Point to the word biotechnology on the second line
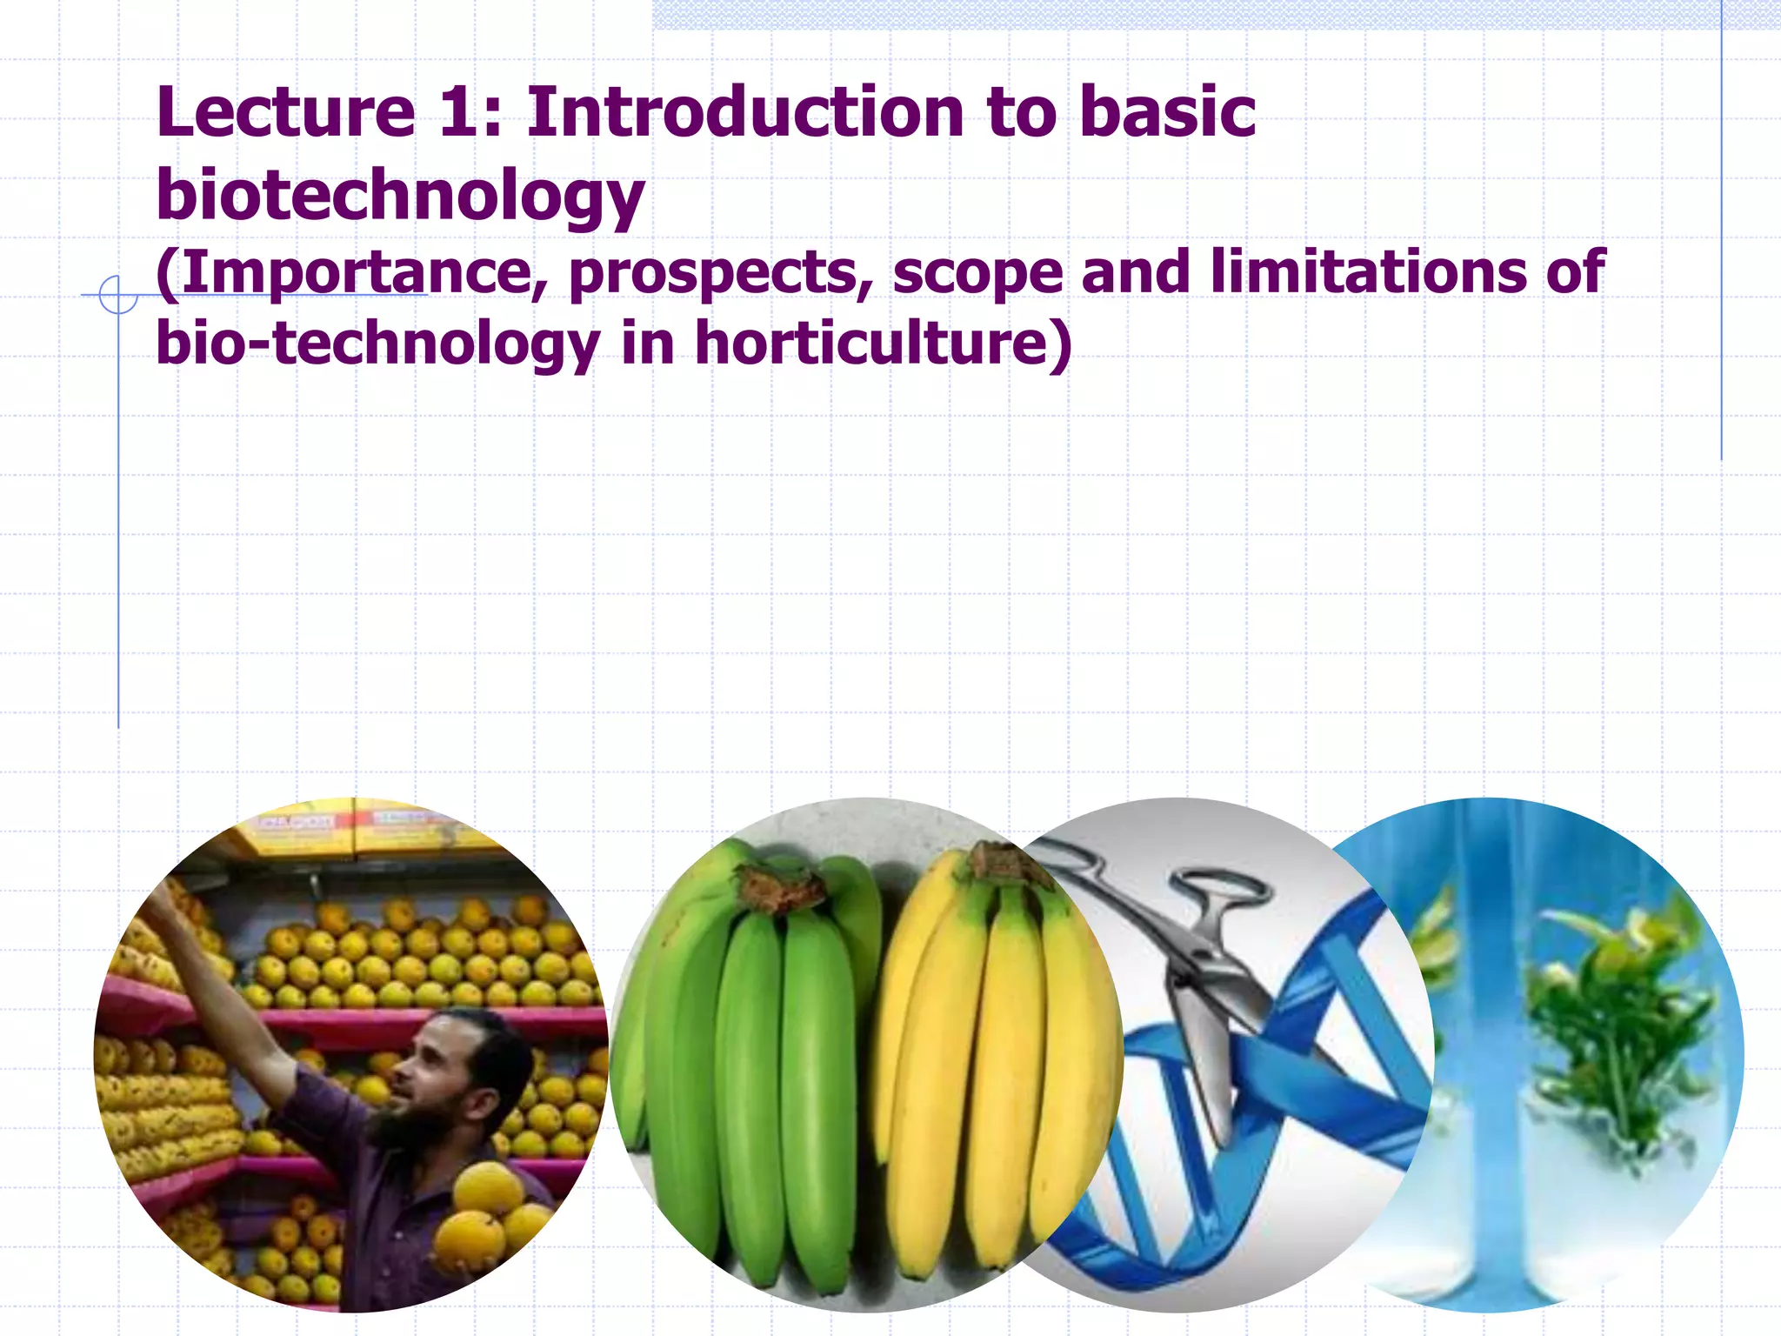click(x=400, y=195)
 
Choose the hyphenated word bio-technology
click(x=377, y=344)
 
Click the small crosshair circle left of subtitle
click(x=117, y=295)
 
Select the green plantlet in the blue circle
click(x=1609, y=1009)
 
